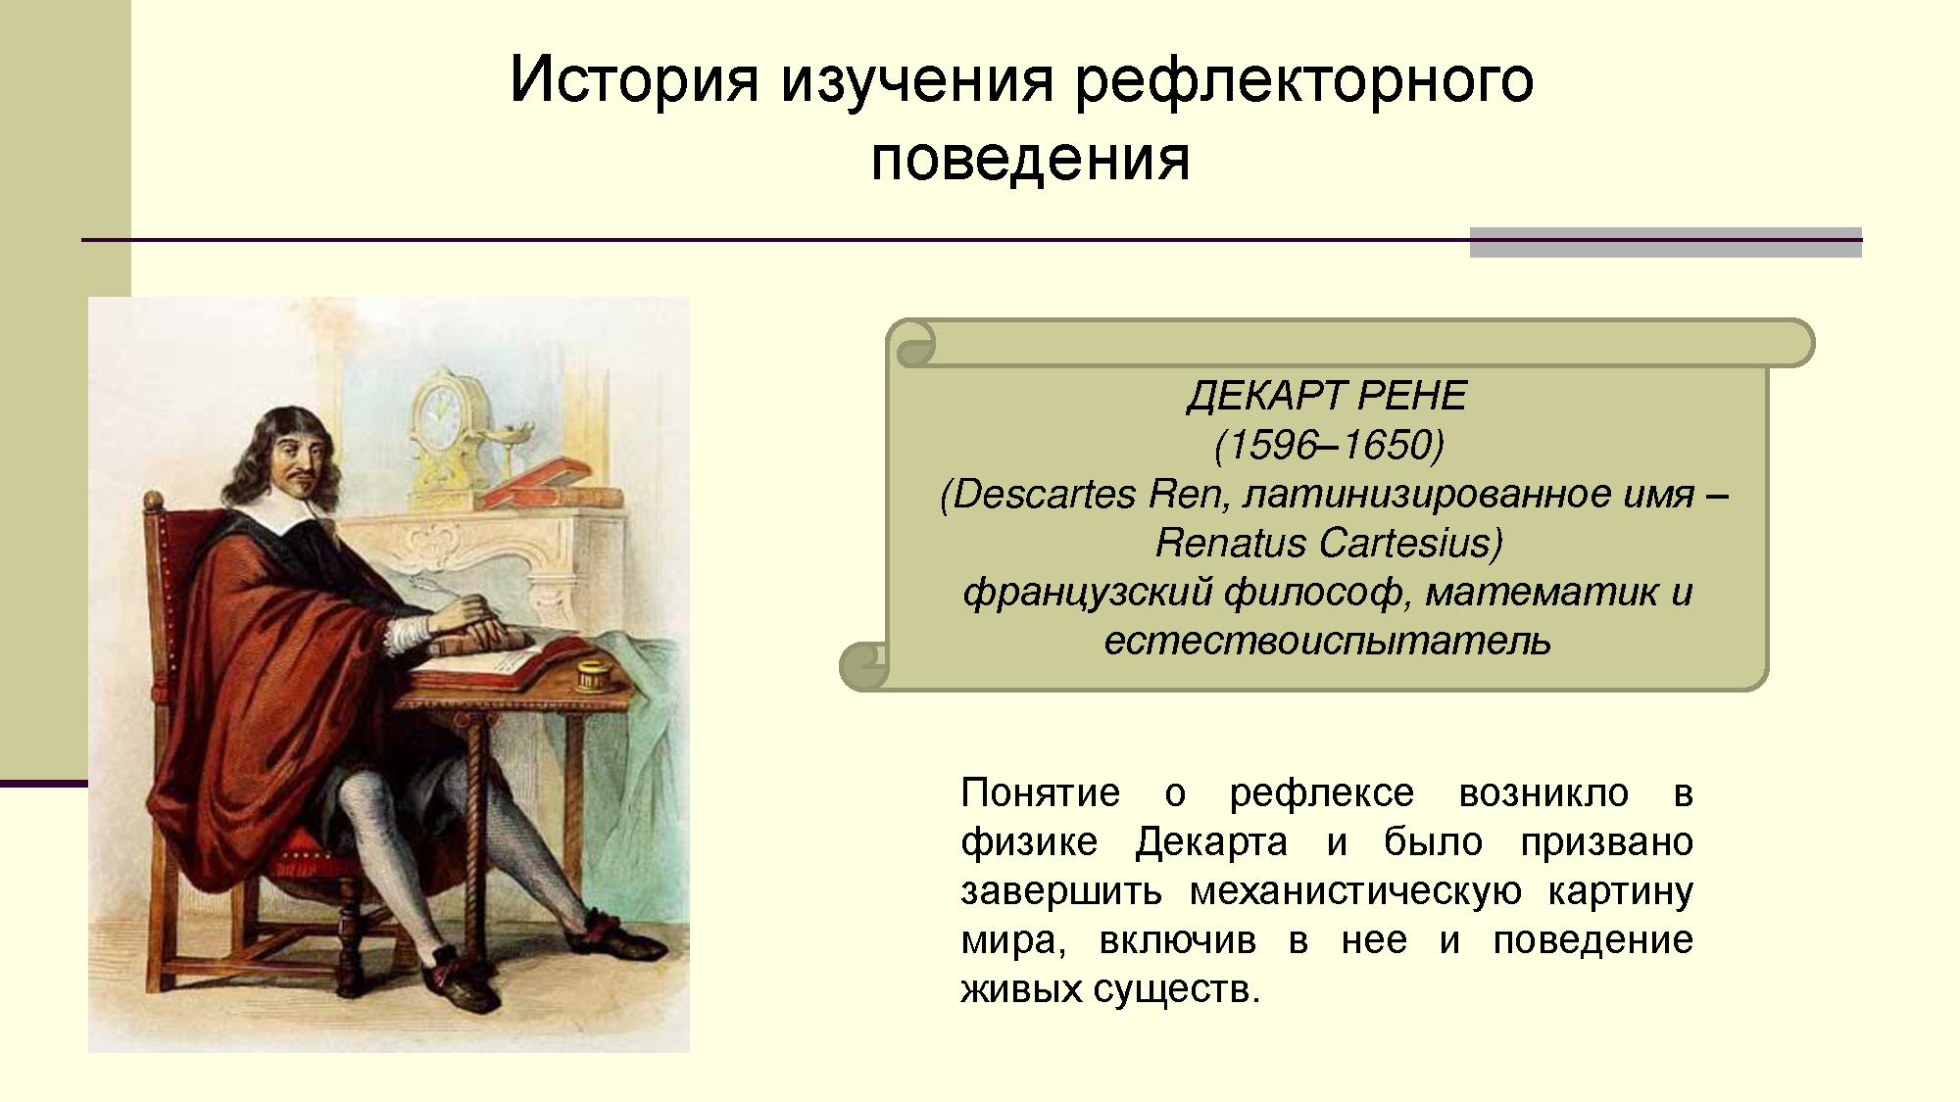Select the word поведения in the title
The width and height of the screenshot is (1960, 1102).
point(1030,159)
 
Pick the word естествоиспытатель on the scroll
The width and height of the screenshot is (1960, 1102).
point(1328,641)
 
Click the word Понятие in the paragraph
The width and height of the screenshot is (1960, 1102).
point(1041,791)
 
